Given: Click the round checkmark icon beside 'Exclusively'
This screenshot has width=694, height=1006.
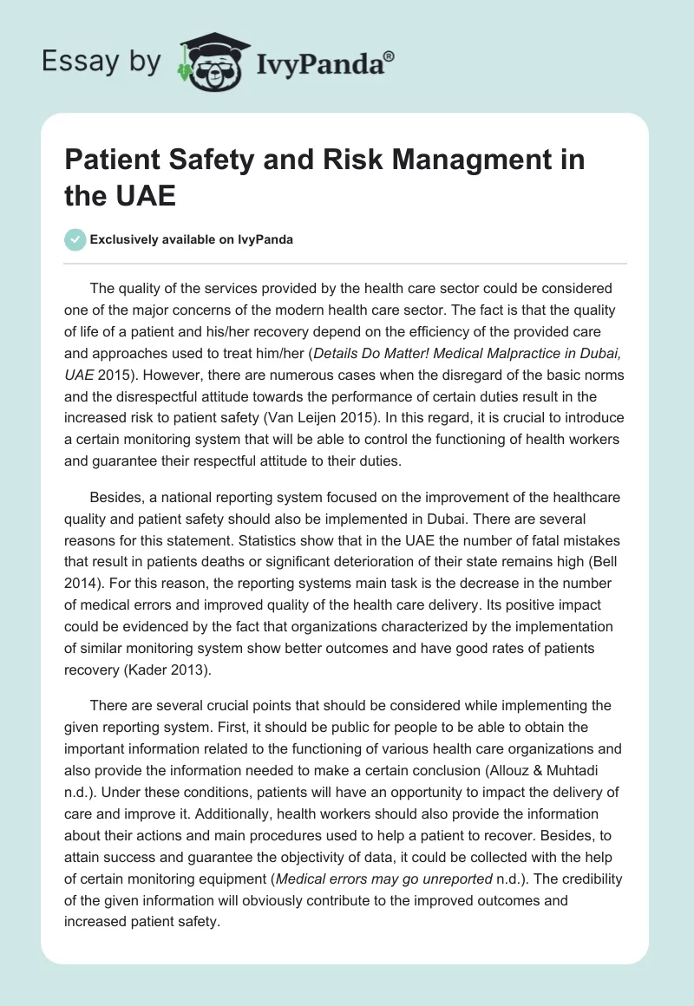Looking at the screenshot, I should point(75,239).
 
